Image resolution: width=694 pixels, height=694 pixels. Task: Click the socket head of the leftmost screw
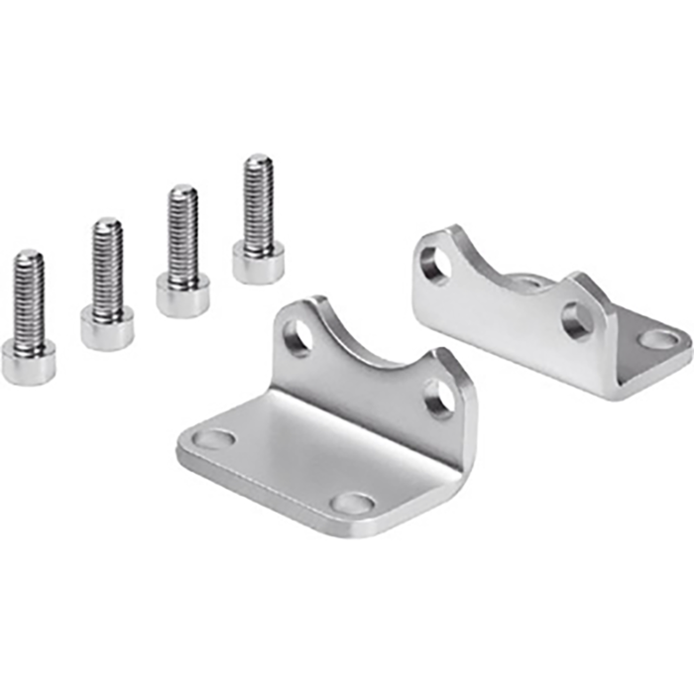tap(28, 361)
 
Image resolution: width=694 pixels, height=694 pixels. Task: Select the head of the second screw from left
tap(107, 328)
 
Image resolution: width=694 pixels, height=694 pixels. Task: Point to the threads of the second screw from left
tap(107, 264)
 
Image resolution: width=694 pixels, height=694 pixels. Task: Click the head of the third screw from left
tap(182, 293)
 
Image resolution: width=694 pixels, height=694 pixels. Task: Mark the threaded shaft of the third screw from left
tap(182, 233)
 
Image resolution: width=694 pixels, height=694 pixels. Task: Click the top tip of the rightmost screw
tap(259, 159)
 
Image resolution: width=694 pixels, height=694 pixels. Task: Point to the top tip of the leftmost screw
tap(29, 255)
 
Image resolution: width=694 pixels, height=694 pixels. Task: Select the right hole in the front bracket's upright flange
tap(440, 398)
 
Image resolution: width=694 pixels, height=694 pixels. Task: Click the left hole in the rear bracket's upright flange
tap(434, 266)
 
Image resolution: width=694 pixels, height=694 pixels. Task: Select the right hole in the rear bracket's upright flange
tap(577, 320)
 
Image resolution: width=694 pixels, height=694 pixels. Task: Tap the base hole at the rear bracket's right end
tap(658, 340)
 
